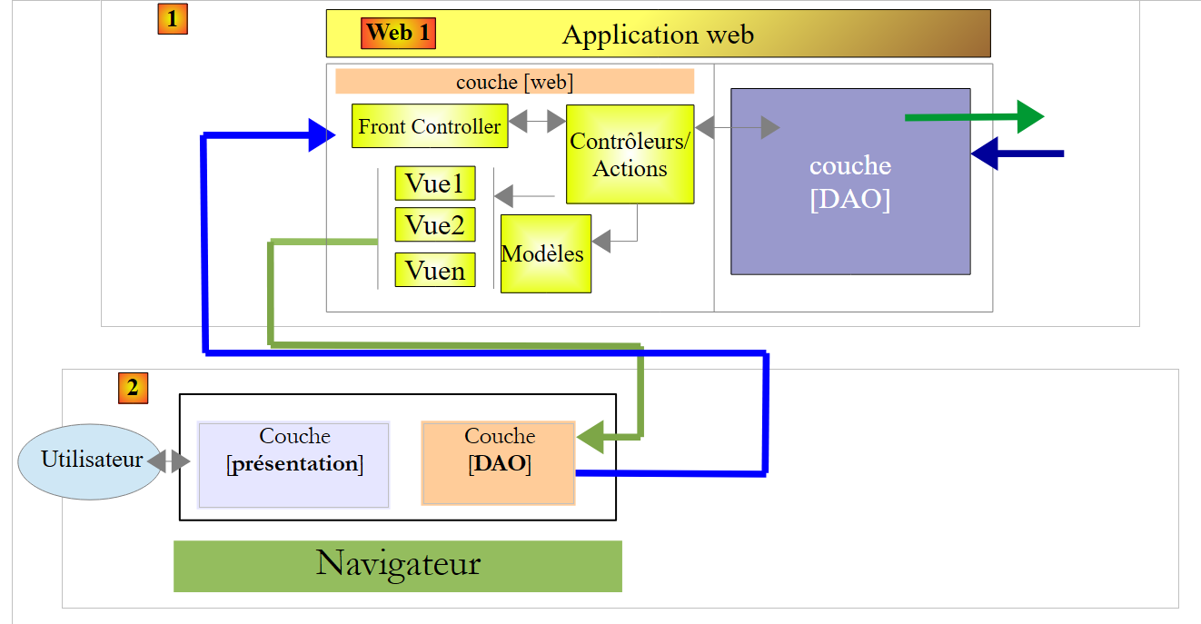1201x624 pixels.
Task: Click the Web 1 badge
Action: (x=398, y=34)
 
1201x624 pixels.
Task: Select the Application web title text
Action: (x=658, y=35)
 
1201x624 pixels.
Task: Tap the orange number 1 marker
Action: (x=172, y=19)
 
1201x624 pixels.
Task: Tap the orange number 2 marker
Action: (x=133, y=388)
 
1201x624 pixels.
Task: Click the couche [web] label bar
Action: (x=514, y=81)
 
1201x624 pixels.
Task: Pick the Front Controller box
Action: (x=430, y=126)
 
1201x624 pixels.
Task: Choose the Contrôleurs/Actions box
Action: (x=630, y=154)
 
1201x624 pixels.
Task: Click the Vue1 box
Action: (x=435, y=183)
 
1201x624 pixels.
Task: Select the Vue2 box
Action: (x=435, y=224)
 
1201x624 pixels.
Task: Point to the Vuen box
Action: (x=435, y=270)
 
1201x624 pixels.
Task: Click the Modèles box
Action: (x=545, y=253)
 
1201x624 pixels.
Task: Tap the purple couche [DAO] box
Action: (x=850, y=182)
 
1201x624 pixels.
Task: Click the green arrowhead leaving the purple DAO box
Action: (x=1030, y=116)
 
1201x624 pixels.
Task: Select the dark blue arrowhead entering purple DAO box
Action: (x=985, y=154)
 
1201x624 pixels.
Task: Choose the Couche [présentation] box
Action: (x=293, y=464)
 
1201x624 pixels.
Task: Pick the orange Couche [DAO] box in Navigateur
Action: (x=499, y=463)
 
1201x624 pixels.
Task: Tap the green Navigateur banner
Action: (x=397, y=566)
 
